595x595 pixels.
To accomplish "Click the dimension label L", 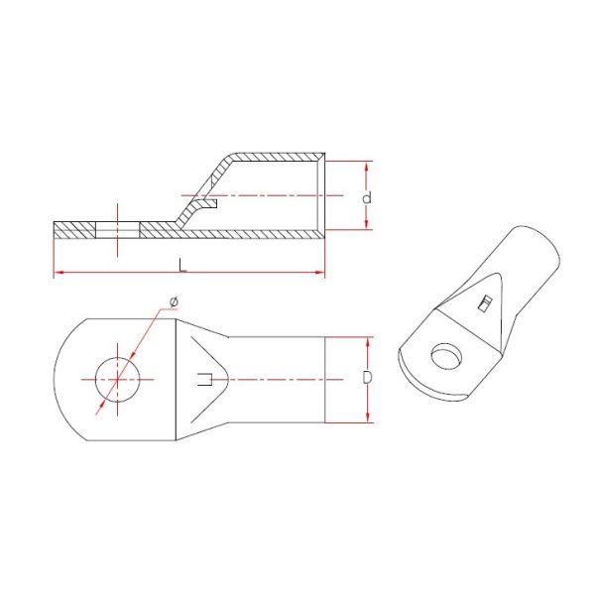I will (181, 263).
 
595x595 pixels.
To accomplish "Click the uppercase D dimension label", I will (367, 379).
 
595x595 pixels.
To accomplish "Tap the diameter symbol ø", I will (174, 301).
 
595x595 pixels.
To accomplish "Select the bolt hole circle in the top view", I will (118, 378).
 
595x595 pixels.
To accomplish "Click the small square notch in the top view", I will (204, 379).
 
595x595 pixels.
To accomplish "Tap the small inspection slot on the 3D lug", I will (485, 302).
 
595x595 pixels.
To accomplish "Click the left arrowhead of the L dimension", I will (57, 271).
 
